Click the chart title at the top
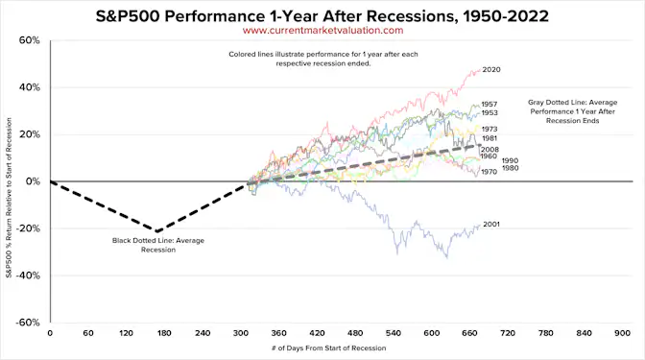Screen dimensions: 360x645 [322, 16]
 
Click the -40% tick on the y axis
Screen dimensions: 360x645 [27, 275]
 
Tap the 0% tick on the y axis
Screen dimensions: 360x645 [32, 181]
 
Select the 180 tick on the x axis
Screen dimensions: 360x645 [164, 334]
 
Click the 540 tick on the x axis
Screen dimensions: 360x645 [394, 334]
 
